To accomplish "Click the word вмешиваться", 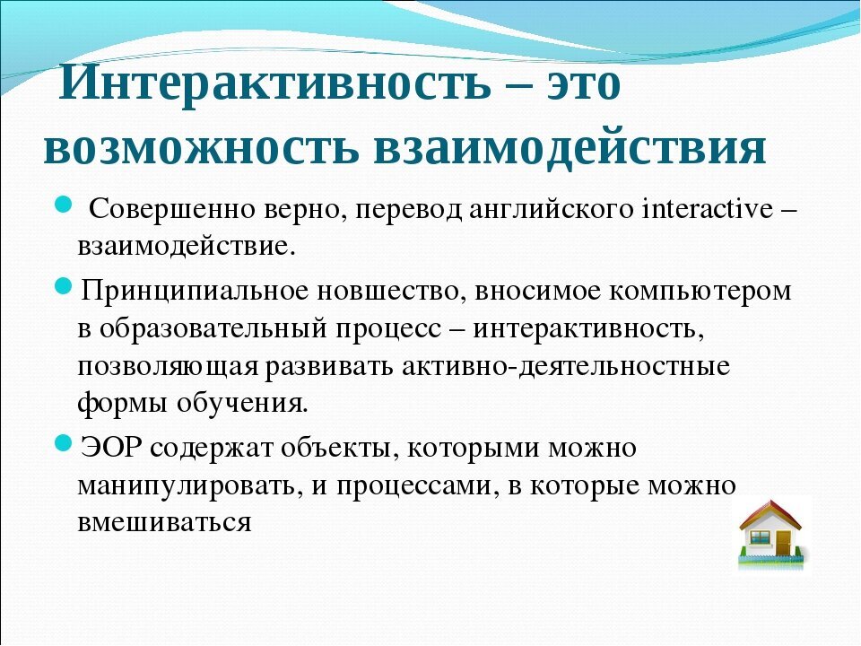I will (x=163, y=522).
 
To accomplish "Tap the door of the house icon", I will (x=783, y=542).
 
